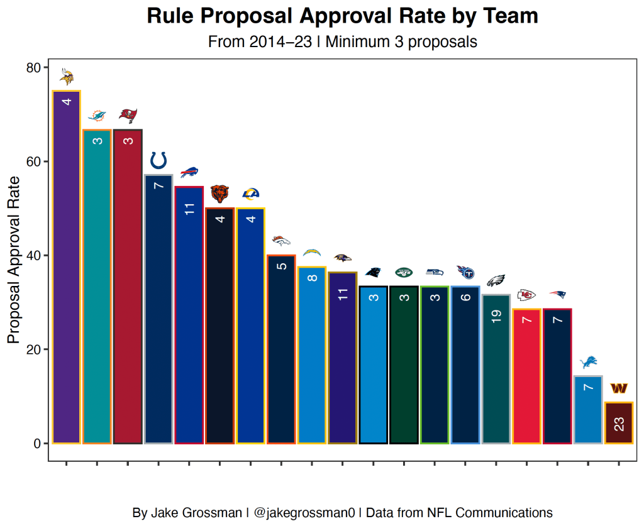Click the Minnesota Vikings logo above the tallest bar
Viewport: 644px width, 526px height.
coord(67,77)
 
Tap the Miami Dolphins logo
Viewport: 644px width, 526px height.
coord(97,116)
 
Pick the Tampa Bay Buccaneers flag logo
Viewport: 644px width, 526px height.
coord(128,115)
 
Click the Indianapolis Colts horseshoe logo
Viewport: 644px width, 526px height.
coord(158,160)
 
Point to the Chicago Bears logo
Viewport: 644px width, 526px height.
coord(219,194)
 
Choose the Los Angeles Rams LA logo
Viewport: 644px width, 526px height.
coord(250,194)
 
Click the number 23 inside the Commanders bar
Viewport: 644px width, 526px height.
coord(619,425)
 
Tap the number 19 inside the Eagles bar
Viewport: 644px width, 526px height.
coord(497,316)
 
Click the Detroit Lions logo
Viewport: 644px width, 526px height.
coord(589,362)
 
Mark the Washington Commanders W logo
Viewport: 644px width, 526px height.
coord(619,388)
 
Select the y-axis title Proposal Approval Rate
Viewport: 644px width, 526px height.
coord(14,259)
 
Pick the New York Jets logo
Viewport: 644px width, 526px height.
coord(404,272)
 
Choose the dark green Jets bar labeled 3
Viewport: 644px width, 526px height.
coord(404,364)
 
